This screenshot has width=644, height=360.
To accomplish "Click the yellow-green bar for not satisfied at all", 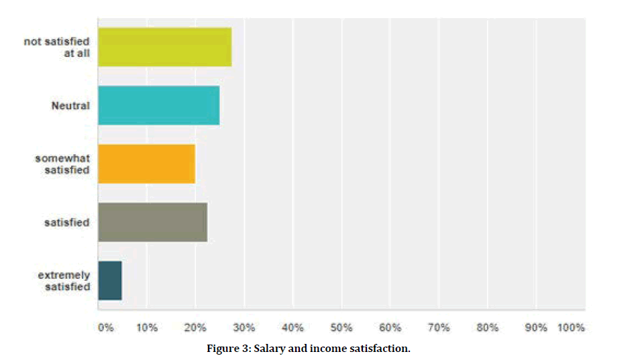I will click(x=164, y=47).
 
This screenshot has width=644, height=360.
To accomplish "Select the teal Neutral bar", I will click(x=158, y=105).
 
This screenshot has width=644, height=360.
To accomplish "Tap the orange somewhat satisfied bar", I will click(x=146, y=164).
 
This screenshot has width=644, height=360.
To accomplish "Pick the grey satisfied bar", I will click(x=152, y=222).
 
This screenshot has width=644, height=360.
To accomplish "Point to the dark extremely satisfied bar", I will click(x=110, y=280).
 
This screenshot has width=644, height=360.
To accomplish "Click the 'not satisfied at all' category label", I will click(x=57, y=47).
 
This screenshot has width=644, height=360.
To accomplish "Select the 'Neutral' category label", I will click(x=70, y=105).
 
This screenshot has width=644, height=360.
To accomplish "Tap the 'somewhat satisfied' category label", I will click(x=62, y=164).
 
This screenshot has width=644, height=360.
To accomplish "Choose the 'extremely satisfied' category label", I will click(x=64, y=280).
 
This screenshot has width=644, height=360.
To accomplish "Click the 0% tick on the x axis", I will click(x=105, y=328).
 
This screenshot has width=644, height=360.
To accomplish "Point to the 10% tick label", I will click(x=147, y=328).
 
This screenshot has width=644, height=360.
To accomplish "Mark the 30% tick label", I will click(x=244, y=328).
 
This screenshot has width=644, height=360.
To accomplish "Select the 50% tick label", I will click(x=341, y=328).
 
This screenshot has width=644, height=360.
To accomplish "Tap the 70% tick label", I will click(x=439, y=328).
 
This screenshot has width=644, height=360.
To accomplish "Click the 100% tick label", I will click(x=571, y=328).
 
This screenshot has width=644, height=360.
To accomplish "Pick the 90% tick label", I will click(x=536, y=328).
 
